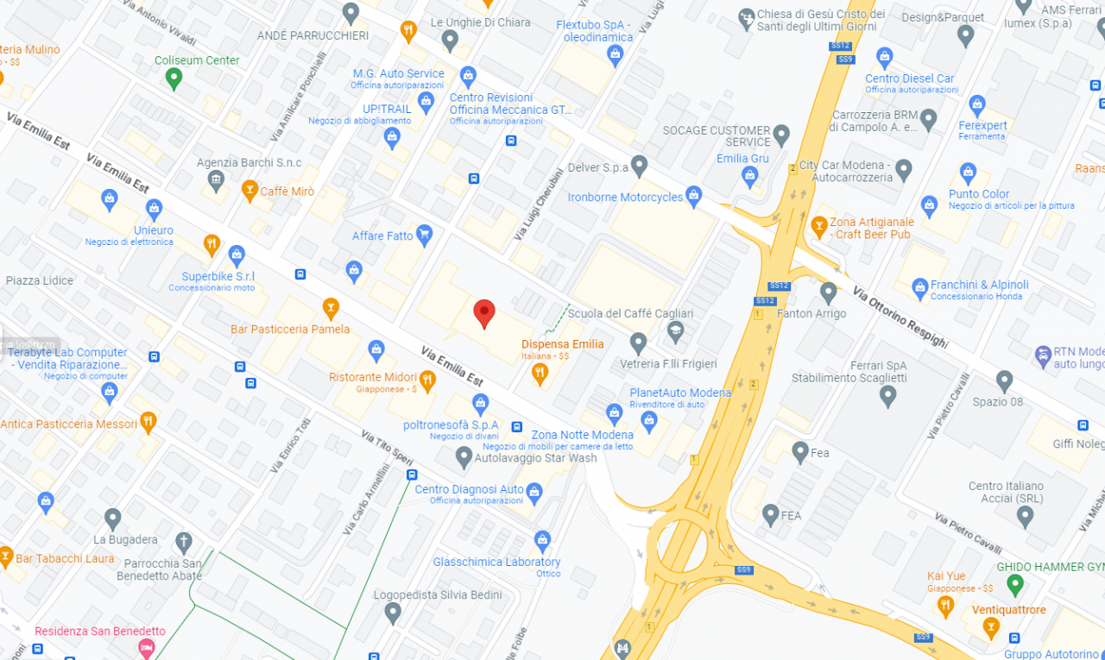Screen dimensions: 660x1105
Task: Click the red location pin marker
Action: pyautogui.click(x=484, y=313)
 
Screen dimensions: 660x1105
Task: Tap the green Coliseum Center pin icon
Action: pyautogui.click(x=174, y=79)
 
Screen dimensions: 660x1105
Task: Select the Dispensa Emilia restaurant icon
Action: pyautogui.click(x=540, y=373)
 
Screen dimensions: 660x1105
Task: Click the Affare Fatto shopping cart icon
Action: pyautogui.click(x=424, y=234)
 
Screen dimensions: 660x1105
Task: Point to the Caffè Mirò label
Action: pyautogui.click(x=287, y=191)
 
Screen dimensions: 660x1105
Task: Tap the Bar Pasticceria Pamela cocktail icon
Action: pyautogui.click(x=331, y=307)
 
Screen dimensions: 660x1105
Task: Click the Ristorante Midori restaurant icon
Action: pyautogui.click(x=427, y=379)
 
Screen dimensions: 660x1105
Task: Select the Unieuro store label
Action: pyautogui.click(x=154, y=230)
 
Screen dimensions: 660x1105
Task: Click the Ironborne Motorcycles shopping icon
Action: pyautogui.click(x=693, y=196)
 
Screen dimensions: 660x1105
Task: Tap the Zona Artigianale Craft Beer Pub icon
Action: pyautogui.click(x=819, y=227)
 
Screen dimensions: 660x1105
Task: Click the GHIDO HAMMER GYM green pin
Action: pyautogui.click(x=1015, y=585)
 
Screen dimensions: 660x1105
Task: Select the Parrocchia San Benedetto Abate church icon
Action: pyautogui.click(x=183, y=542)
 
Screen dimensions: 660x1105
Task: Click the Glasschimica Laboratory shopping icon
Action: pyautogui.click(x=542, y=541)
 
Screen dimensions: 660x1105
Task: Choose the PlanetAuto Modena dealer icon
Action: pyautogui.click(x=649, y=421)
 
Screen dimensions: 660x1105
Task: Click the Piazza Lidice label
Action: pyautogui.click(x=41, y=280)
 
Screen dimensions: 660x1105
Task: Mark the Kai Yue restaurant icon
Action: pyautogui.click(x=945, y=606)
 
